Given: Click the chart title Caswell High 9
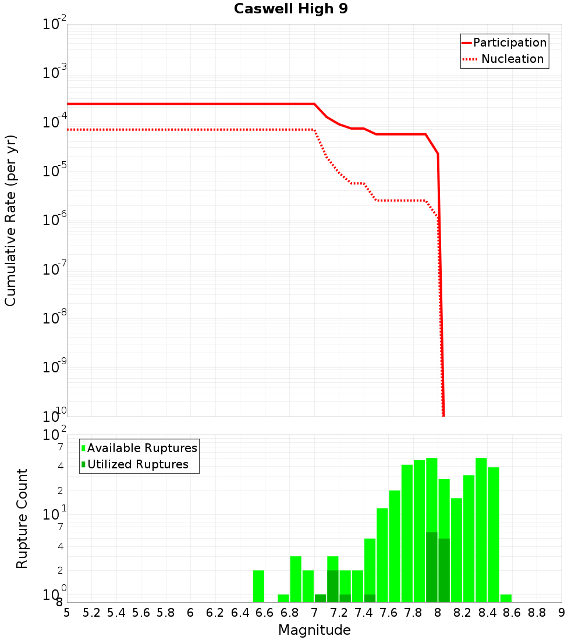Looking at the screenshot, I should click(x=291, y=9).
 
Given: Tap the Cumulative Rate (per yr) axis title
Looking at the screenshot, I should click(x=10, y=220).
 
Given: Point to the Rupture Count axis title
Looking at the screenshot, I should click(x=22, y=518).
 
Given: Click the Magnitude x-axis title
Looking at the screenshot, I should click(x=314, y=630).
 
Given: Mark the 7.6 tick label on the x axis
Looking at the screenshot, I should click(x=388, y=613).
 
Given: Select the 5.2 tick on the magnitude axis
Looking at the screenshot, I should click(x=91, y=613).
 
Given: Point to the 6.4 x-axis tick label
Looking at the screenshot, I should click(x=240, y=613).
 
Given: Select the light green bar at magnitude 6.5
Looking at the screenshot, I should click(x=258, y=586).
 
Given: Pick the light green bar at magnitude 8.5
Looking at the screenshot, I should click(x=494, y=534).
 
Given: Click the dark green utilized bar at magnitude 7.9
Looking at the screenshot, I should click(x=431, y=567).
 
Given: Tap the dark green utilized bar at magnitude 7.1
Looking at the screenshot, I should click(x=332, y=586).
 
